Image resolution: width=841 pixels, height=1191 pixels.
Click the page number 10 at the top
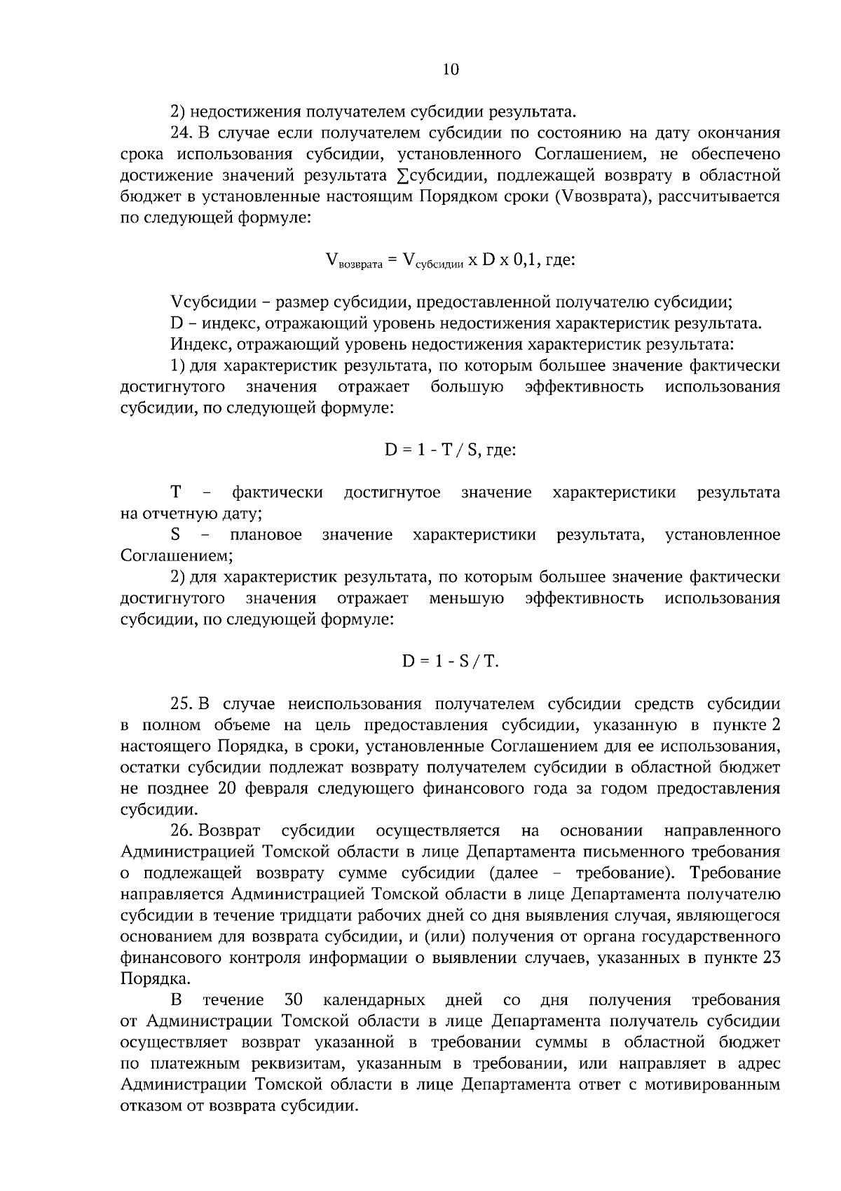pyautogui.click(x=451, y=69)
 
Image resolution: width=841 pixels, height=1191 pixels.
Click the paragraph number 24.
pyautogui.click(x=180, y=133)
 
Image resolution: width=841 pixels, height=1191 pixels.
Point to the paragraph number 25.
pyautogui.click(x=180, y=704)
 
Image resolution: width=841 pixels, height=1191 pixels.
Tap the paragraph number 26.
pyautogui.click(x=181, y=831)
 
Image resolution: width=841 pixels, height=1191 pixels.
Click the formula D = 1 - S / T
pyautogui.click(x=450, y=661)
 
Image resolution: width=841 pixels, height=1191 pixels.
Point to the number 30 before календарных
pyautogui.click(x=294, y=1000)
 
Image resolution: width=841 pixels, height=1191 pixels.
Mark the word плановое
pyautogui.click(x=266, y=534)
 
